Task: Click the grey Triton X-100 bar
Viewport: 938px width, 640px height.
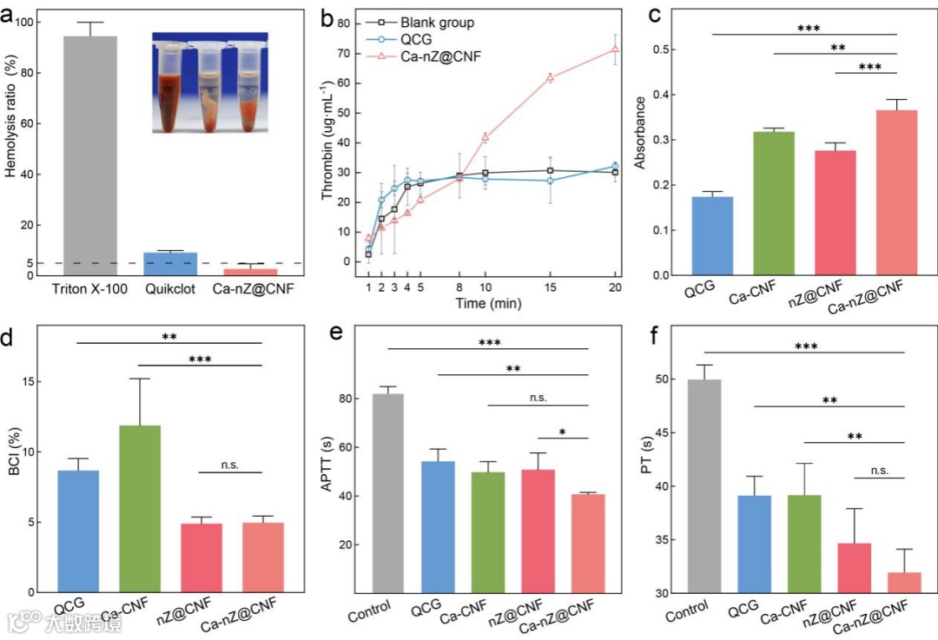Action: pos(91,156)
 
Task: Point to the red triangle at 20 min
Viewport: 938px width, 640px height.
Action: pos(615,49)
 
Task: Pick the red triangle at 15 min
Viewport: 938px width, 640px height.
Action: pos(550,77)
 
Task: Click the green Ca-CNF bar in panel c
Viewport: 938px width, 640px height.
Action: pos(773,203)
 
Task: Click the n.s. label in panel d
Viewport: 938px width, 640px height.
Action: pos(230,465)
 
